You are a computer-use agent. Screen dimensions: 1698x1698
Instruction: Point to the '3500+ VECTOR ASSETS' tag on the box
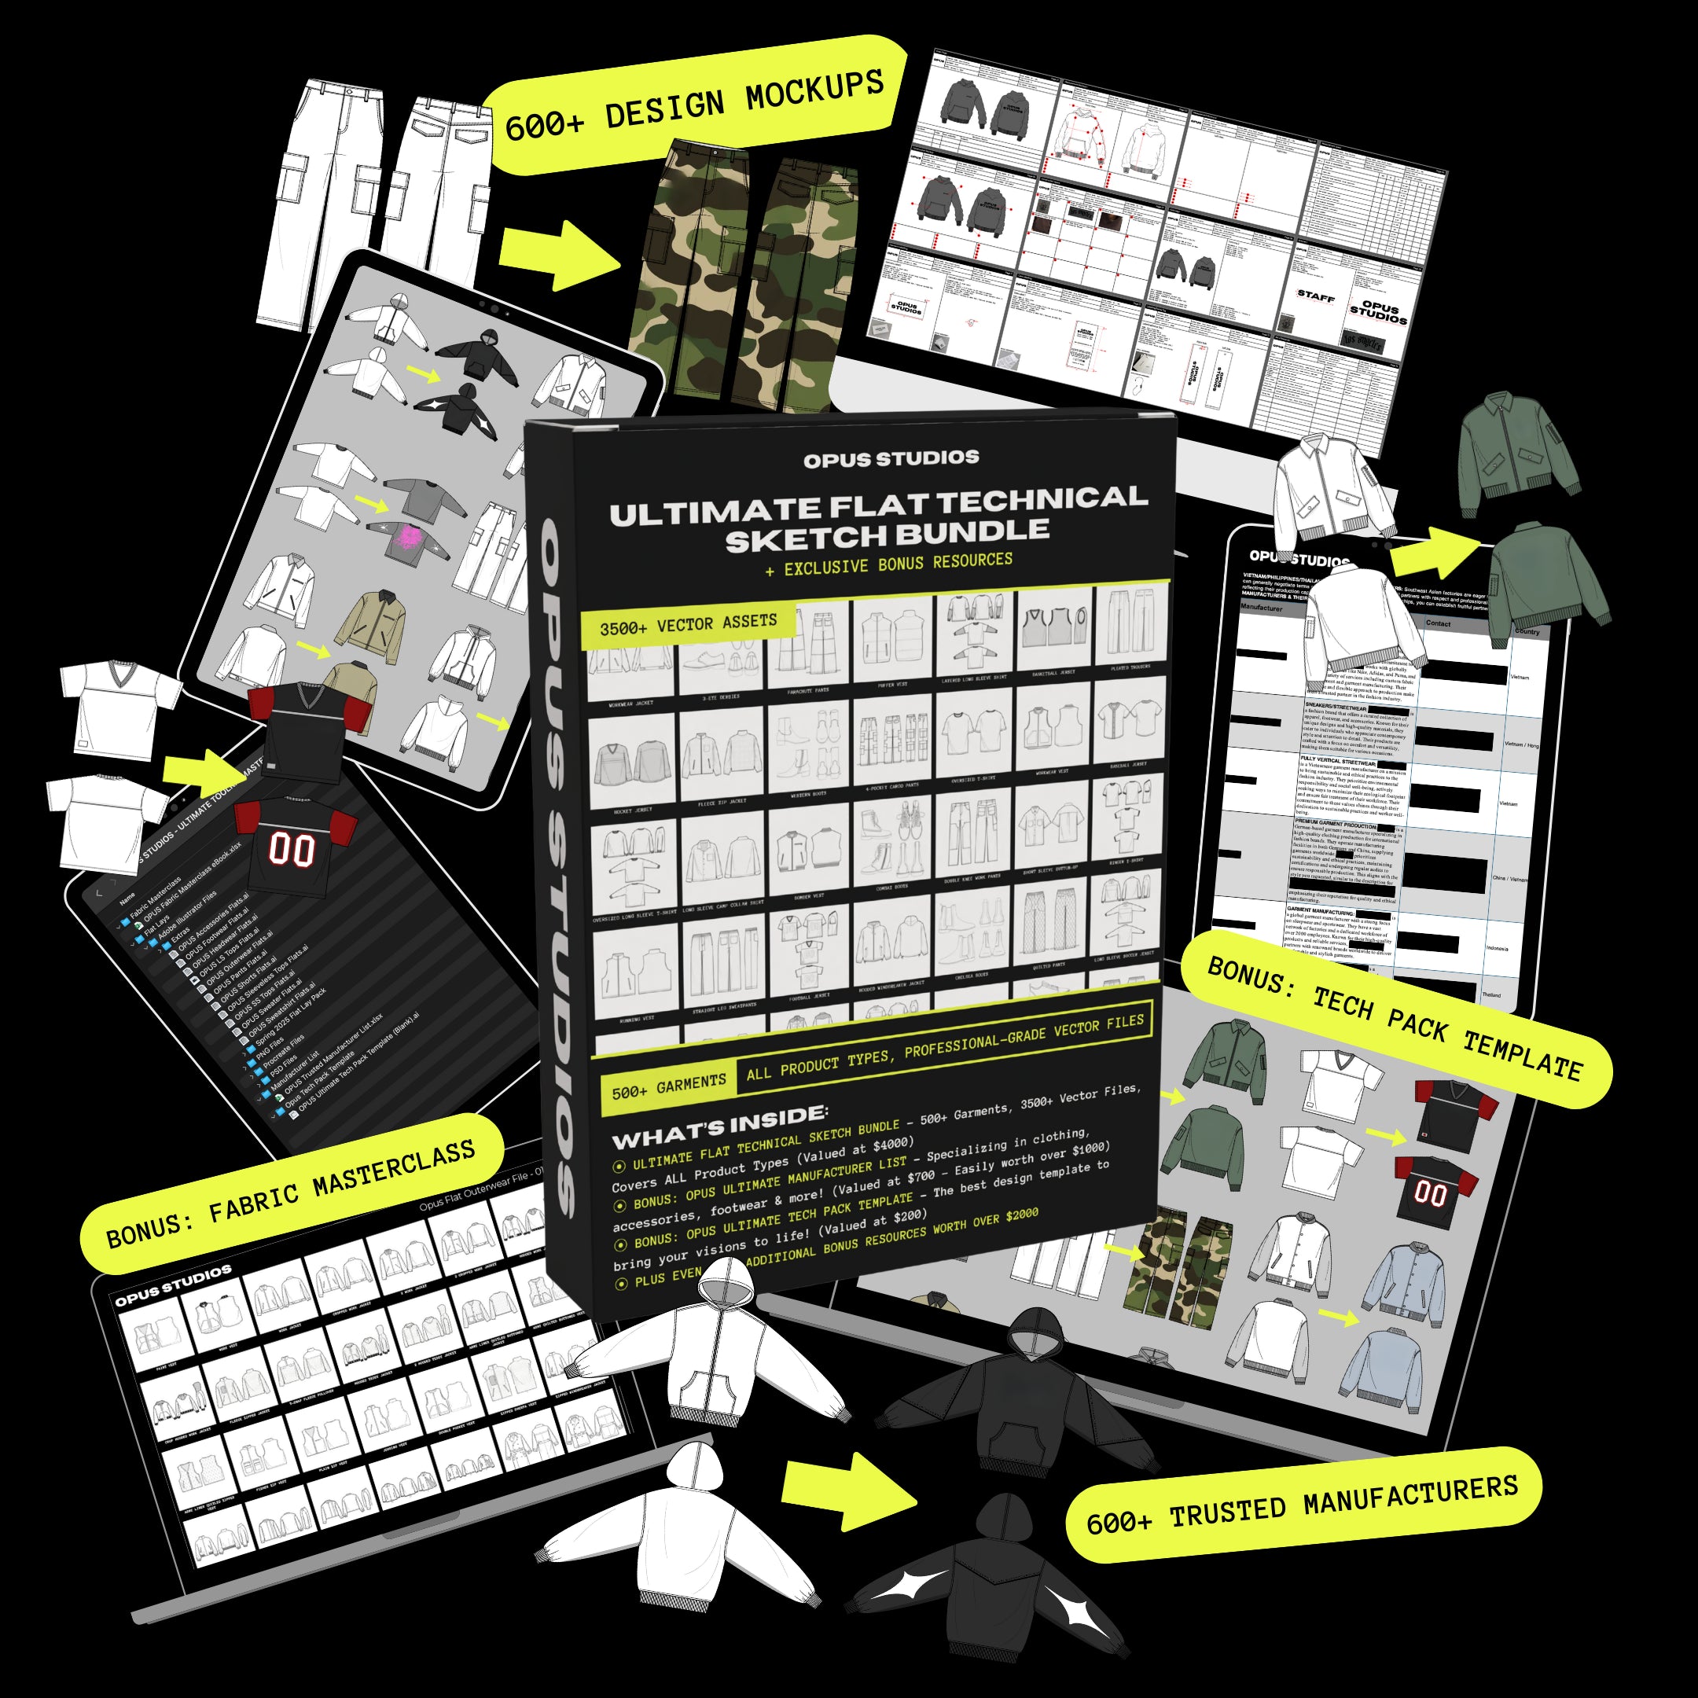click(687, 624)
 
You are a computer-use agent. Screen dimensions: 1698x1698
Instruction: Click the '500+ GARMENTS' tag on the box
click(668, 1086)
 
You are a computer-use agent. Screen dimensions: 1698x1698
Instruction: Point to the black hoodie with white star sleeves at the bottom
click(993, 1582)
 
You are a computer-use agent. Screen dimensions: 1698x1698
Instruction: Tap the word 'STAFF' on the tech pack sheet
click(1316, 297)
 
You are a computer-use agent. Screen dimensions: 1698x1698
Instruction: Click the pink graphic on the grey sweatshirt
click(407, 537)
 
